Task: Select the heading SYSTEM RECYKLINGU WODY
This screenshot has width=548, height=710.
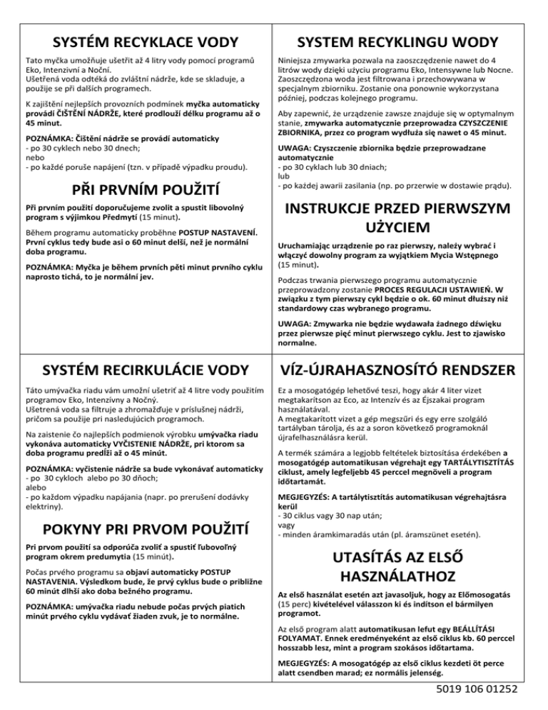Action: click(x=408, y=39)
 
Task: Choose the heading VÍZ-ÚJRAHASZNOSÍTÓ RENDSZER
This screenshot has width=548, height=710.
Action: click(x=408, y=370)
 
